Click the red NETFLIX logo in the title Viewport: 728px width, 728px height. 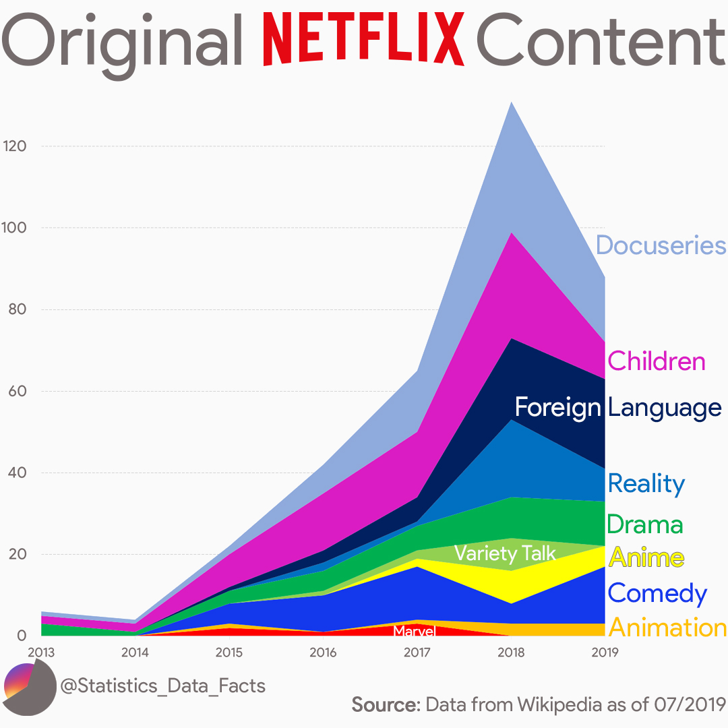pyautogui.click(x=367, y=39)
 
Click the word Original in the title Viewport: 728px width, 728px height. pyautogui.click(x=125, y=42)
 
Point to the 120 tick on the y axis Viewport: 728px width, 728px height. pyautogui.click(x=14, y=146)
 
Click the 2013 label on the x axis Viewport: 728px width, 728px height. pyautogui.click(x=42, y=653)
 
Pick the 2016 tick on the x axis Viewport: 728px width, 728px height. pyautogui.click(x=323, y=653)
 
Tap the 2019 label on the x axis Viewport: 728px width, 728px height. pyautogui.click(x=604, y=653)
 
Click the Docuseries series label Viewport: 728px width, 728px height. pyautogui.click(x=661, y=245)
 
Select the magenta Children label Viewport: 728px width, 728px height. pyautogui.click(x=656, y=361)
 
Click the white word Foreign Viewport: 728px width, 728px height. pyautogui.click(x=557, y=407)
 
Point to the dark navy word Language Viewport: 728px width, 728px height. pyautogui.click(x=665, y=408)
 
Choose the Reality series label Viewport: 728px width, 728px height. pyautogui.click(x=646, y=483)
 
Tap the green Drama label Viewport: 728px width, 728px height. pyautogui.click(x=645, y=524)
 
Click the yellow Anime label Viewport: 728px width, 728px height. pyautogui.click(x=646, y=558)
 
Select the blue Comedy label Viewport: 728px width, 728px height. pyautogui.click(x=657, y=593)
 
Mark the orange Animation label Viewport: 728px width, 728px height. pyautogui.click(x=667, y=628)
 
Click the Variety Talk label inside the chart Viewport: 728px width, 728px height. pyautogui.click(x=505, y=553)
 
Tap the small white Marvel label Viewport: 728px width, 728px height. pyautogui.click(x=415, y=631)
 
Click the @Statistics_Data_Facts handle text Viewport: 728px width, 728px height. pyautogui.click(x=162, y=686)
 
